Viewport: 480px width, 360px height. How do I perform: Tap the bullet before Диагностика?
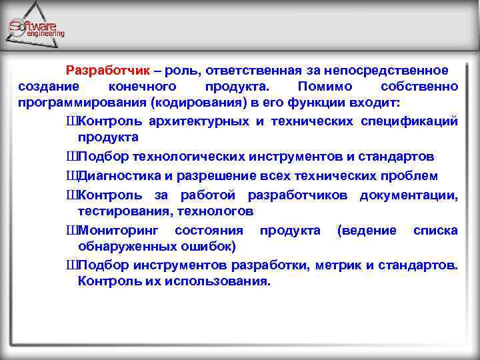(x=71, y=176)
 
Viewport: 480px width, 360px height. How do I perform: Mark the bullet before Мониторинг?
(x=71, y=230)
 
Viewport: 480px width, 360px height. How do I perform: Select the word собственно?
(x=419, y=87)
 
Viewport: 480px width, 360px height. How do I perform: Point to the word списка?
(x=435, y=230)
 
